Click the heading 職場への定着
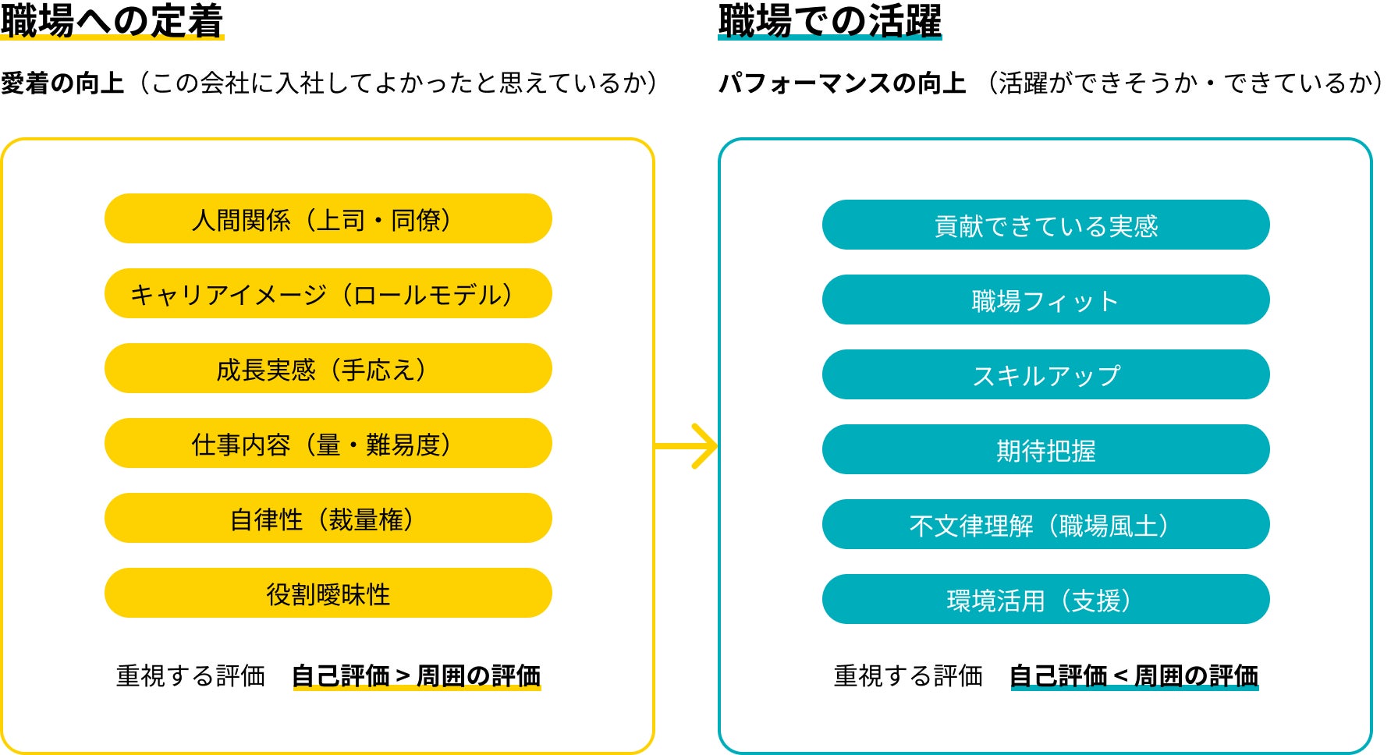pos(112,21)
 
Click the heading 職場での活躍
pos(830,21)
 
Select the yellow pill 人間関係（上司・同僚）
pos(328,219)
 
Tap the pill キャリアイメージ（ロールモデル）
pos(328,294)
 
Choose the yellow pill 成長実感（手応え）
pos(328,369)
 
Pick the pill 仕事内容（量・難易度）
pos(328,444)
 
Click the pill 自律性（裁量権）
pos(328,519)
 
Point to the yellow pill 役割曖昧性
pos(328,594)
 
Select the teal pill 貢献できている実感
pos(1045,225)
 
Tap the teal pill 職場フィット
pos(1045,300)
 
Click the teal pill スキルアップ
pos(1045,375)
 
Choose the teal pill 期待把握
pos(1045,450)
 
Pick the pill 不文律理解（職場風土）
pos(1045,525)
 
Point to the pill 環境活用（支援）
pos(1045,600)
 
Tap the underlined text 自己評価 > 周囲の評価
pos(416,675)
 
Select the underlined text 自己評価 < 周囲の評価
pos(1134,675)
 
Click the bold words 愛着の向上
pos(62,83)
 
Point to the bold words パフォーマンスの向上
pos(842,83)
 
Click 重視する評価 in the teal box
pos(908,675)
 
